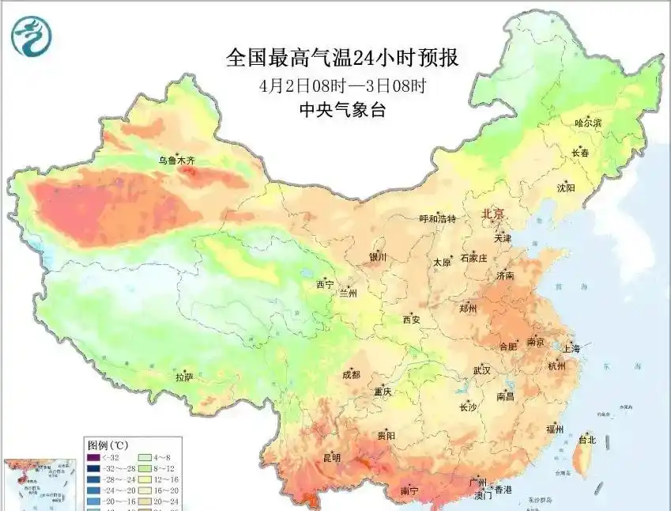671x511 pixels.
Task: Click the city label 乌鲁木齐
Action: pos(175,161)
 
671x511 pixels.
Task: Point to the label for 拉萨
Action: pos(183,377)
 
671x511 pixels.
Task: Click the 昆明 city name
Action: pos(331,457)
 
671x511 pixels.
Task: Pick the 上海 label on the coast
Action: pos(570,348)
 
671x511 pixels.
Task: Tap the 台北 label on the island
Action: pos(588,439)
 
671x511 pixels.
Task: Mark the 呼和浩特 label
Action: pos(437,219)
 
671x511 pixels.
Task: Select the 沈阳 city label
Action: pos(565,187)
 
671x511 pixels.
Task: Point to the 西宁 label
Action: pos(325,284)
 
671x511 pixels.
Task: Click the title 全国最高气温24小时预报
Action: pos(342,59)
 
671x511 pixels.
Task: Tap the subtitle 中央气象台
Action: pos(342,111)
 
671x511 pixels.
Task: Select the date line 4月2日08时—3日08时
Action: pos(342,85)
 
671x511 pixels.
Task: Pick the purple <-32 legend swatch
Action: pos(93,456)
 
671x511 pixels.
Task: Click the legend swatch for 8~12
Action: pos(147,467)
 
